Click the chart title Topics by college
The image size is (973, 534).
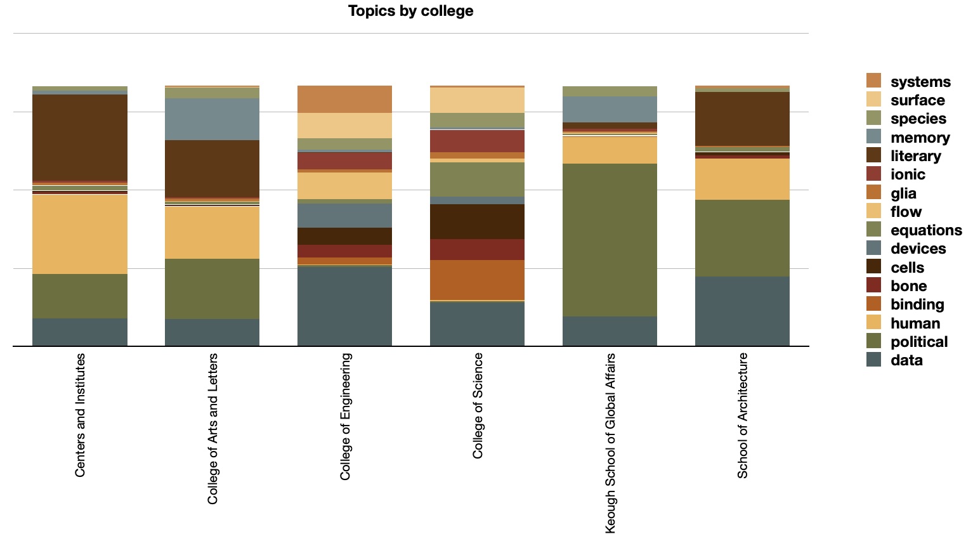coord(410,11)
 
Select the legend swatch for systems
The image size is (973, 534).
coord(873,81)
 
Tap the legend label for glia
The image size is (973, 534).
coord(903,193)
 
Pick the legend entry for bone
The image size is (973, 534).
coord(908,286)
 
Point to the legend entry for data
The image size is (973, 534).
coord(906,360)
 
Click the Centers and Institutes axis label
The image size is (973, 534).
coord(80,415)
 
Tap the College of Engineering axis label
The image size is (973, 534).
coord(345,416)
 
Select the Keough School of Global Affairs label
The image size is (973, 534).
coord(610,443)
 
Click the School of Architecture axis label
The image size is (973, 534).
coord(742,415)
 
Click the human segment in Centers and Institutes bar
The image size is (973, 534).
coord(80,234)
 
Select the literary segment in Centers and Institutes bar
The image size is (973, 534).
coord(80,138)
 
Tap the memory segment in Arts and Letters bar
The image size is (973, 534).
coord(212,119)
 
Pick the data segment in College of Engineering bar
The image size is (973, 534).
coord(344,306)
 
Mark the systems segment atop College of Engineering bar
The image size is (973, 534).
coord(344,99)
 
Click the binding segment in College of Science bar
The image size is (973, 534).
coord(477,280)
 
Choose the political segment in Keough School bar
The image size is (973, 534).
coord(610,240)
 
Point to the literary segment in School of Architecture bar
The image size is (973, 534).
coord(742,119)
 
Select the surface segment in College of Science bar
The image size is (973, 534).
coord(477,100)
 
